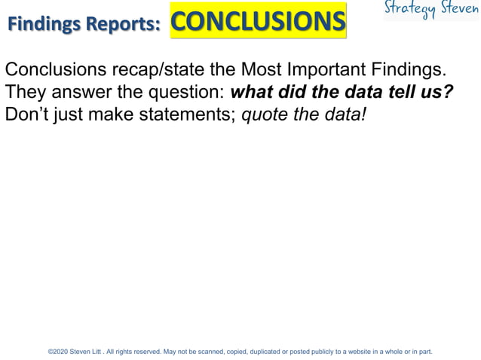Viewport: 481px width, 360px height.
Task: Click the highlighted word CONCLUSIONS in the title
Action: coord(258,21)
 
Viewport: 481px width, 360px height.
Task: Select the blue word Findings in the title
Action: coord(44,24)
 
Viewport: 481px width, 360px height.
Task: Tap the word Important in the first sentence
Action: coord(325,71)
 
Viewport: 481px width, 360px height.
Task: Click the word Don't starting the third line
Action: coord(27,116)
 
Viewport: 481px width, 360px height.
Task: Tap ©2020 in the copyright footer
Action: coord(57,352)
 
